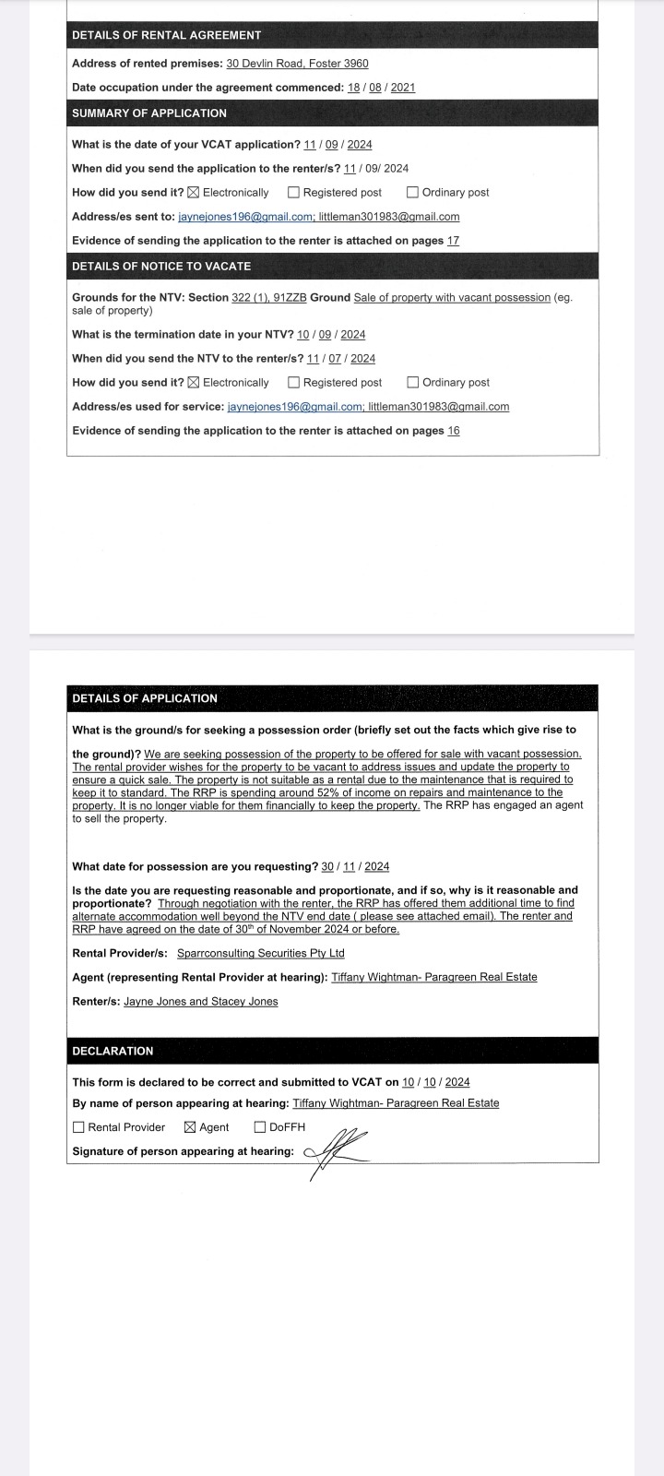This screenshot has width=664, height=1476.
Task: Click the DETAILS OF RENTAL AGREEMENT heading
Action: [x=166, y=35]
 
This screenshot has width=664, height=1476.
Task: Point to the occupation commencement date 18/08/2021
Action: [x=381, y=88]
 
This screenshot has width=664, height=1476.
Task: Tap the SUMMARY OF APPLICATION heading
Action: [x=148, y=113]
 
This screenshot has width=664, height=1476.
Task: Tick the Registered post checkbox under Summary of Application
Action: [x=293, y=193]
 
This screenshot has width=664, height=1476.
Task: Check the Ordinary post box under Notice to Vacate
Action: [x=412, y=383]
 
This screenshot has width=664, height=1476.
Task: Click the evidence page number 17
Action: [x=453, y=241]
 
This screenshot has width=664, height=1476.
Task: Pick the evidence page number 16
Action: [x=453, y=431]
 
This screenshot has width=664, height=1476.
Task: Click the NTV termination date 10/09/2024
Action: [x=331, y=335]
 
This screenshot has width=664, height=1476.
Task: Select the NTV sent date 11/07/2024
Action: [x=341, y=359]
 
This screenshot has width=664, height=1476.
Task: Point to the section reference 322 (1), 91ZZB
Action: [x=269, y=298]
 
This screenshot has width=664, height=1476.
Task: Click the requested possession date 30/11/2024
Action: [x=355, y=867]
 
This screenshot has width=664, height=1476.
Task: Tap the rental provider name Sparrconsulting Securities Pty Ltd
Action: [x=260, y=954]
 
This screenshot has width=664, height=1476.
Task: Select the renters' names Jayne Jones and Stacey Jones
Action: [x=201, y=1002]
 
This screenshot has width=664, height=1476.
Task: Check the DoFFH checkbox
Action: [x=260, y=1127]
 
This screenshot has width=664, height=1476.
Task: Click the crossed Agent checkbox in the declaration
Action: [x=190, y=1127]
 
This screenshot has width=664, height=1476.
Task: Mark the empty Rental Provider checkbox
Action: [x=78, y=1127]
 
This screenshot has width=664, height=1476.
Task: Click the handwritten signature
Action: [x=337, y=1151]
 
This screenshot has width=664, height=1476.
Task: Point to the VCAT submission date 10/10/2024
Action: [x=435, y=1083]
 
